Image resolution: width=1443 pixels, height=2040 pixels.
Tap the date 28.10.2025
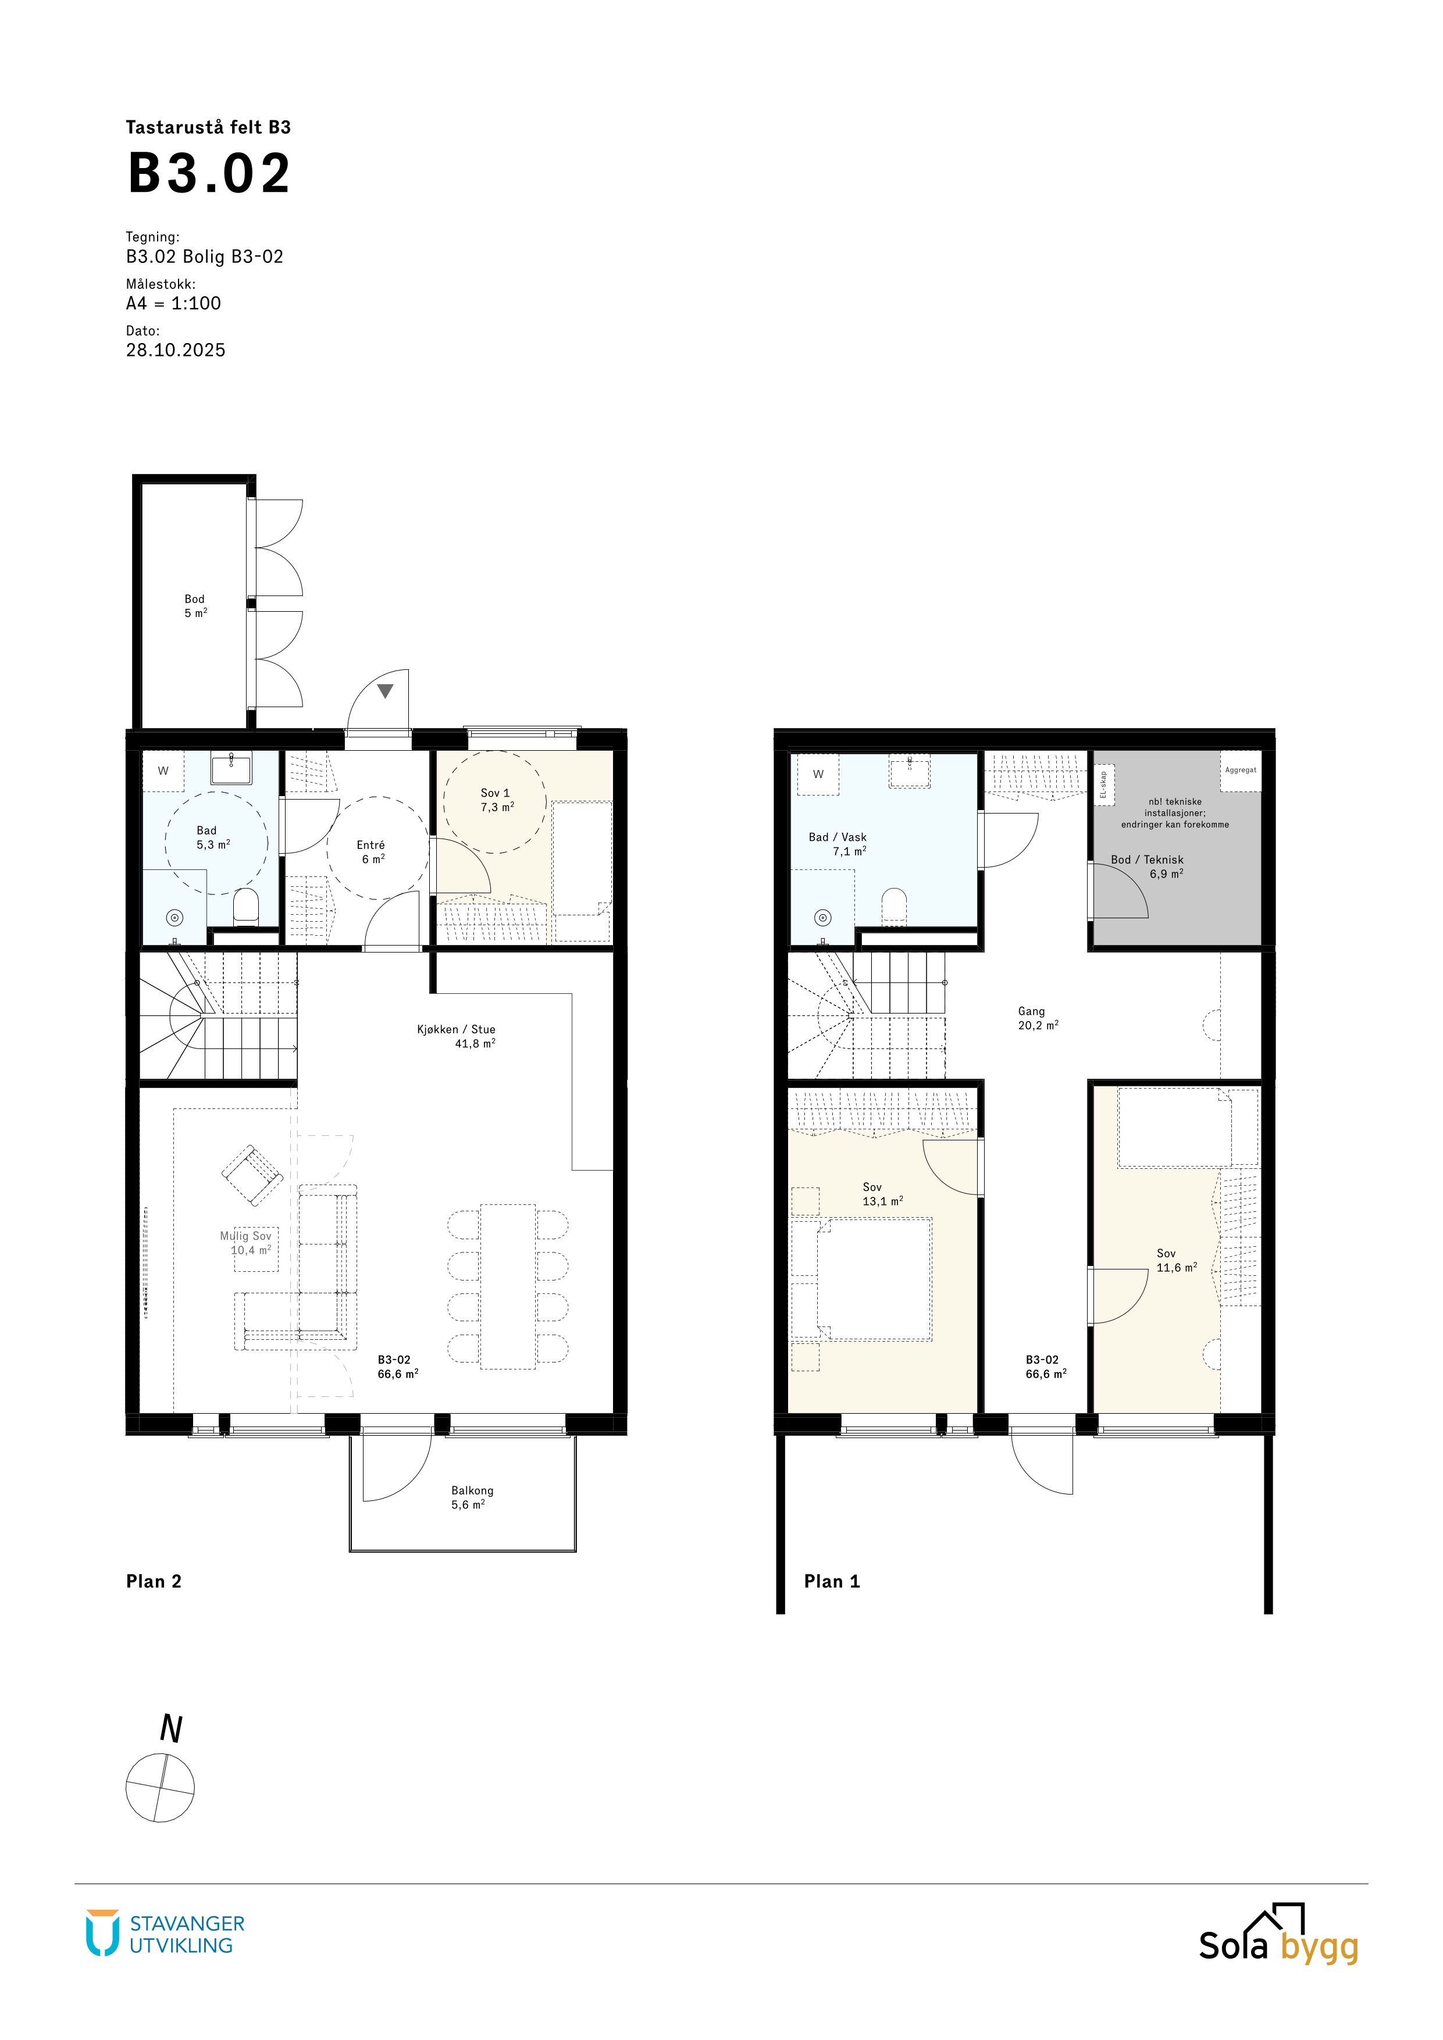coord(176,350)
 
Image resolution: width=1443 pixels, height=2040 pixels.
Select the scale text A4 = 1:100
coord(173,303)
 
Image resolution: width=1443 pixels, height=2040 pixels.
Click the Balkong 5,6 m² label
coord(472,1497)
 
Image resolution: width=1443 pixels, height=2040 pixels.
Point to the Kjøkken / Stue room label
coord(457,1036)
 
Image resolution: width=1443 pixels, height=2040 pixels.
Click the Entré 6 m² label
coord(372,852)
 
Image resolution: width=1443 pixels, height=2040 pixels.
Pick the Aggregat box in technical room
coord(1241,771)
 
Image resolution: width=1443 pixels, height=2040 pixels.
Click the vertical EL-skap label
coord(1103,784)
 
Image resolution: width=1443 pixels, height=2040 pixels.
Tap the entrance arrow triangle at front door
coord(384,690)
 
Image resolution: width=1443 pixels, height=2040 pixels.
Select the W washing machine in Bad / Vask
coord(817,775)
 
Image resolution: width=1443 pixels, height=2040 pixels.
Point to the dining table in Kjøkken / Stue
coord(507,1286)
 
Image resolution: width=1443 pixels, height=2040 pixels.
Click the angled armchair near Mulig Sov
coord(252,1175)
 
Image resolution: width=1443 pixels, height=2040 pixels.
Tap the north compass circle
coord(160,1788)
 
